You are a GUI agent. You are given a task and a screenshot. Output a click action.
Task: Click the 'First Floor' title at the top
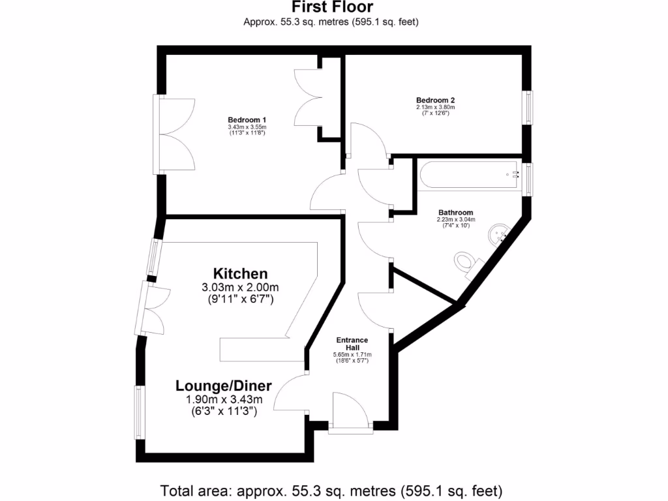[331, 7]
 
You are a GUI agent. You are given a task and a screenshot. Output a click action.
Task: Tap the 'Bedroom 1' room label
[247, 119]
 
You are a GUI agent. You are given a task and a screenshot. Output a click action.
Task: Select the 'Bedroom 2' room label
[435, 100]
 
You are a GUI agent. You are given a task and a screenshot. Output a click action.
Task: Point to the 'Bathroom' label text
[455, 213]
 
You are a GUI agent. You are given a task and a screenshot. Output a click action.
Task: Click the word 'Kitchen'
[241, 273]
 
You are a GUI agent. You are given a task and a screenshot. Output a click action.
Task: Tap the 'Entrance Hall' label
[352, 344]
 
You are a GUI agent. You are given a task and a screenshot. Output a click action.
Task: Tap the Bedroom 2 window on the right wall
[529, 107]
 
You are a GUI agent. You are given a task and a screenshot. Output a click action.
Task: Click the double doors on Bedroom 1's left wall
[175, 135]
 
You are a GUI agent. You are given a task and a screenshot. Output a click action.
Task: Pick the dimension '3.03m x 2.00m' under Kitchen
[241, 288]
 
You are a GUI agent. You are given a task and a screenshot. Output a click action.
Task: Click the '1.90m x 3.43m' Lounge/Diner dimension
[223, 399]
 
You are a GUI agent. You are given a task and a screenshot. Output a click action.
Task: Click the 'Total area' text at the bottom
[331, 490]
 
